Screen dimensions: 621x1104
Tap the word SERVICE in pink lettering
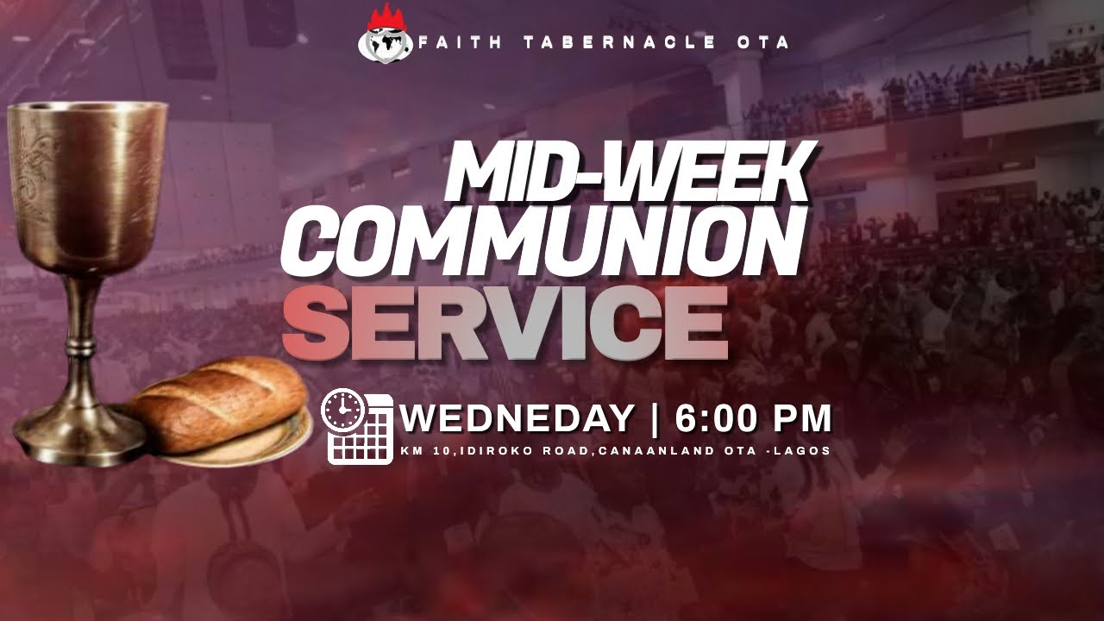point(505,324)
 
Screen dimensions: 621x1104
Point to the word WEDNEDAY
point(517,419)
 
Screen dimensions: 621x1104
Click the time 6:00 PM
point(753,419)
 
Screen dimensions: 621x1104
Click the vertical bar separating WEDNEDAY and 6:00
point(655,419)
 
